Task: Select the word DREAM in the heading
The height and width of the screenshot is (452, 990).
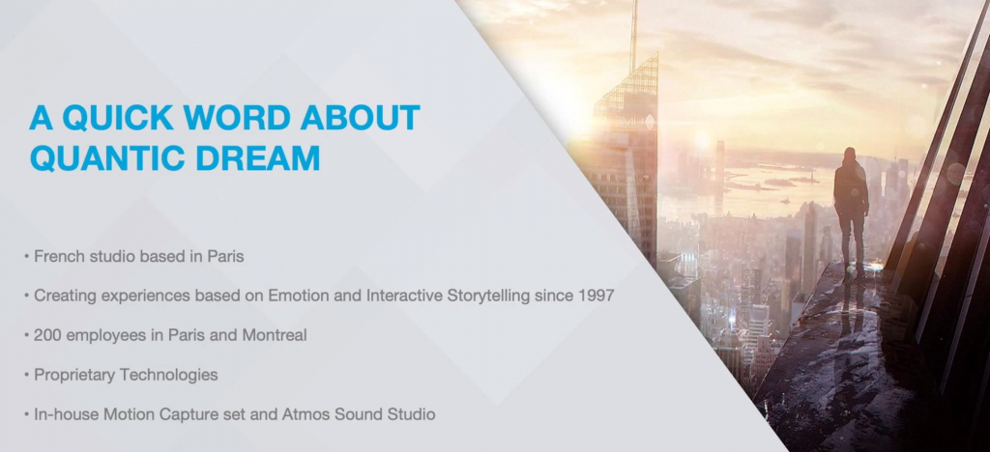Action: click(x=257, y=158)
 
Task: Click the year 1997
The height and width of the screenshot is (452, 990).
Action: click(x=596, y=296)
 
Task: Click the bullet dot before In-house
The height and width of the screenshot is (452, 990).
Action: click(x=26, y=414)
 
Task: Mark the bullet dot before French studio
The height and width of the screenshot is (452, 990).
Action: click(x=26, y=257)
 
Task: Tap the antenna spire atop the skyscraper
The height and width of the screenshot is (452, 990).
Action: click(x=634, y=35)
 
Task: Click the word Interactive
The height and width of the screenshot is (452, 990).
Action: click(x=404, y=296)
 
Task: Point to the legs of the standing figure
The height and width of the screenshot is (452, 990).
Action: click(x=853, y=240)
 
